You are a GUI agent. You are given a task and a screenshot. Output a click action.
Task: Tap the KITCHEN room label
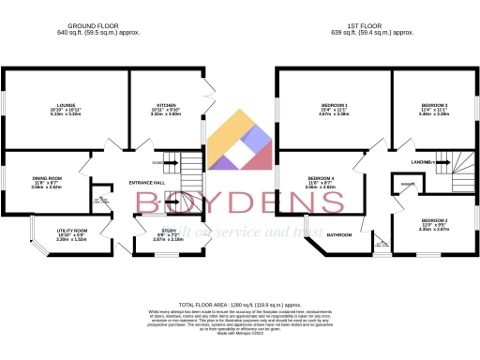pyautogui.click(x=167, y=106)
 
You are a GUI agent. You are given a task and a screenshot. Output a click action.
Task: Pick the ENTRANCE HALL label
pyautogui.click(x=148, y=182)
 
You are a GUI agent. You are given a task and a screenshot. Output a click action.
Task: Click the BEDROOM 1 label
pyautogui.click(x=333, y=105)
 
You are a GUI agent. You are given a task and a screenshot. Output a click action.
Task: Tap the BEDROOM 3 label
pyautogui.click(x=434, y=105)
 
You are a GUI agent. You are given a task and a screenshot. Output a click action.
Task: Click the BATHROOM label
pyautogui.click(x=339, y=234)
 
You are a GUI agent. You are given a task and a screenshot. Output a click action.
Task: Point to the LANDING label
pyautogui.click(x=421, y=162)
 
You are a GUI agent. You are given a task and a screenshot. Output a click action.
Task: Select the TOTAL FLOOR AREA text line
pyautogui.click(x=240, y=305)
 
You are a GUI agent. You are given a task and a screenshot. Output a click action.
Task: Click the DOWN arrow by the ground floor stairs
pyautogui.click(x=156, y=161)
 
